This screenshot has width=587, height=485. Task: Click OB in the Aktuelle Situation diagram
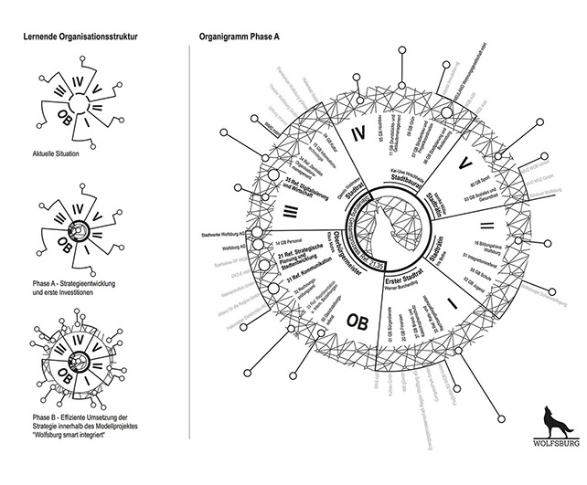tap(67, 118)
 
